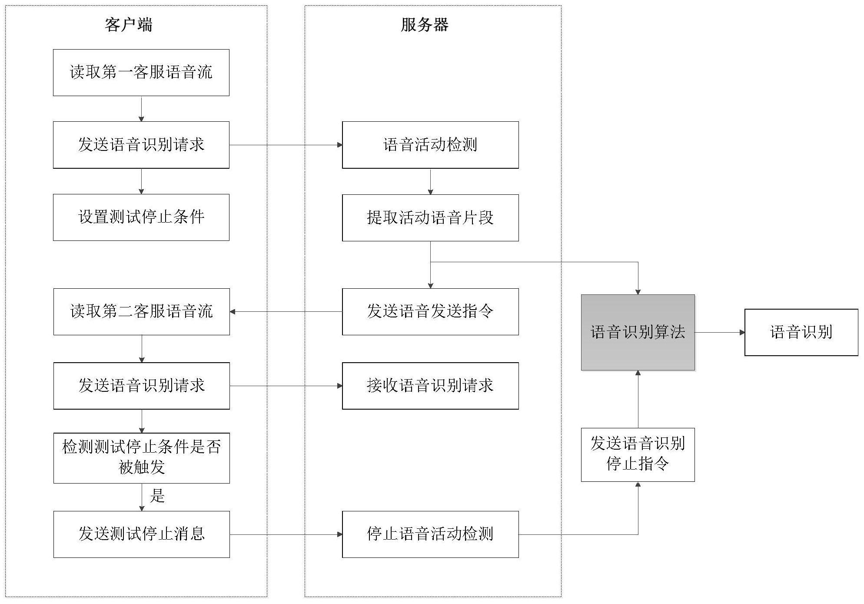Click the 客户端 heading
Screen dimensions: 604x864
point(128,25)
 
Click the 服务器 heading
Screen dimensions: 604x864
point(424,25)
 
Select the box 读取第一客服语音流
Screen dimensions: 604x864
point(141,72)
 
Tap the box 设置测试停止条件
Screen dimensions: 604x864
point(141,217)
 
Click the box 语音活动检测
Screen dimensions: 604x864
point(430,145)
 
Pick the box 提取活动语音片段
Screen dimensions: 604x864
point(430,217)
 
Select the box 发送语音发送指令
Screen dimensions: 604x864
point(430,311)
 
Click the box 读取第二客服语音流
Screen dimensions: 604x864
point(141,311)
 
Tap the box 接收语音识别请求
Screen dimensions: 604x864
point(430,386)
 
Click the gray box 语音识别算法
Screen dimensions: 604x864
point(638,332)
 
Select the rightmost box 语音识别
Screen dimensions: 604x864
point(801,332)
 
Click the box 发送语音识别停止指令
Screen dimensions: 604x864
point(638,454)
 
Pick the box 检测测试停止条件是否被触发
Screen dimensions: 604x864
point(141,457)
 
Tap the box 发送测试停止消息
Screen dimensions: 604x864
point(141,534)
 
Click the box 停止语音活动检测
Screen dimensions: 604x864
point(430,534)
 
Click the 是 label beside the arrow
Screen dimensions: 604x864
point(157,496)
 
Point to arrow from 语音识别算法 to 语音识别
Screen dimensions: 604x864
point(719,333)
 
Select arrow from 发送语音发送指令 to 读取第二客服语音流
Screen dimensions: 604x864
point(286,312)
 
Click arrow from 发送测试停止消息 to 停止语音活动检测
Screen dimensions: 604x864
point(286,534)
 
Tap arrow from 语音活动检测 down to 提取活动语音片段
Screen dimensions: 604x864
point(430,181)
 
